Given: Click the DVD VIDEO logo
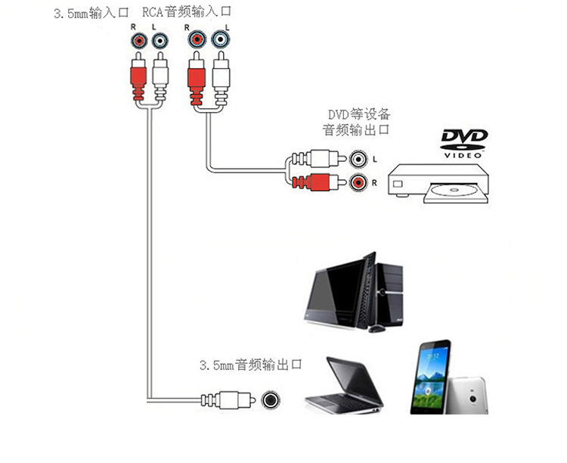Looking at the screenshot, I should pyautogui.click(x=464, y=143).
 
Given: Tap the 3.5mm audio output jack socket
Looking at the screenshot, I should pyautogui.click(x=271, y=400).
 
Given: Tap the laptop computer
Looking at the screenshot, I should pyautogui.click(x=346, y=386).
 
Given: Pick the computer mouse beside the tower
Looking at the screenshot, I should pyautogui.click(x=376, y=328).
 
